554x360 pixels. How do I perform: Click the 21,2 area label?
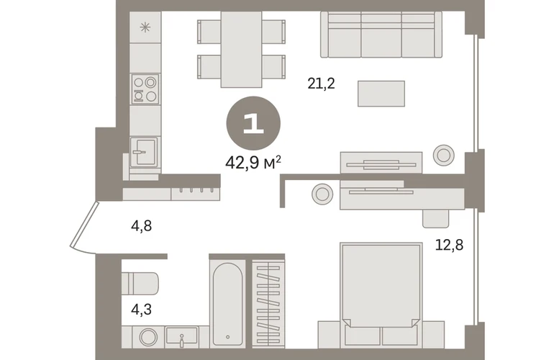click(x=321, y=84)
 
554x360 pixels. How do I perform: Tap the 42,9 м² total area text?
click(x=253, y=163)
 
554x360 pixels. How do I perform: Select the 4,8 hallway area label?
click(x=141, y=225)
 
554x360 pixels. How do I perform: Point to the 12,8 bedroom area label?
click(x=449, y=244)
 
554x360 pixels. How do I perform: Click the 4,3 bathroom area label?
click(x=141, y=310)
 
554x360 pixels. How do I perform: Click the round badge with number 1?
click(x=253, y=123)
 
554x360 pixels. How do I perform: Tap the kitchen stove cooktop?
click(x=145, y=89)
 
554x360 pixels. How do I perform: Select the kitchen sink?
click(x=144, y=152)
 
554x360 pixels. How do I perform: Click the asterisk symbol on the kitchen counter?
click(x=145, y=27)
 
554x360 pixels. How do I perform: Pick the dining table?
click(x=241, y=49)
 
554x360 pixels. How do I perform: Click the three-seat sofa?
click(x=381, y=35)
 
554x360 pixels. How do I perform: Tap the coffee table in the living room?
click(x=381, y=94)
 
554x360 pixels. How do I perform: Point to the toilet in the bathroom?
click(x=140, y=283)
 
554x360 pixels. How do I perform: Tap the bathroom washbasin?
click(x=181, y=337)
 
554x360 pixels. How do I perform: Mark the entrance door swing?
click(x=83, y=228)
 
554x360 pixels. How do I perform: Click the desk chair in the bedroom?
click(x=435, y=218)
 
